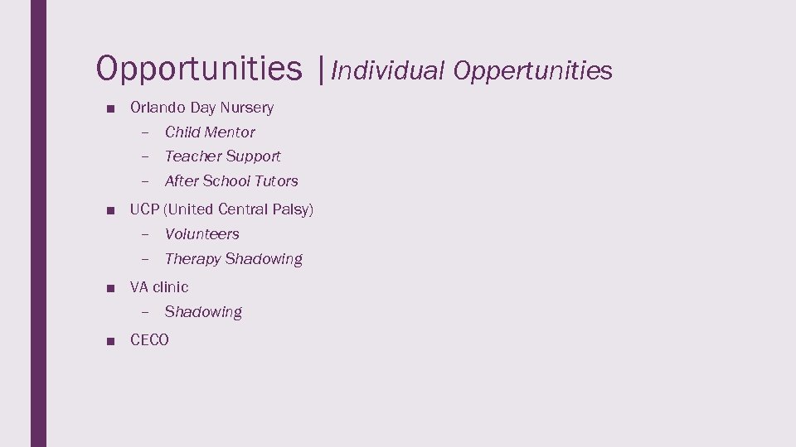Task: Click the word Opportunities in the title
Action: pyautogui.click(x=199, y=70)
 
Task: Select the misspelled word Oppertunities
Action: pyautogui.click(x=533, y=72)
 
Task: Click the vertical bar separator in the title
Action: pyautogui.click(x=321, y=70)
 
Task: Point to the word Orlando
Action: pyautogui.click(x=158, y=108)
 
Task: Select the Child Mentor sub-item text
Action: pyautogui.click(x=210, y=132)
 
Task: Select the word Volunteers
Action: pyautogui.click(x=201, y=234)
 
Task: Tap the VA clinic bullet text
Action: pyautogui.click(x=159, y=287)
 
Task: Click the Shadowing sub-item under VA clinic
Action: pyautogui.click(x=203, y=312)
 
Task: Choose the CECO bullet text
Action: pyautogui.click(x=149, y=340)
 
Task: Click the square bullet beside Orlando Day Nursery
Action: pyautogui.click(x=110, y=108)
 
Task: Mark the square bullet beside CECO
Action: pyautogui.click(x=110, y=341)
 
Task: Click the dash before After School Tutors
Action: pyautogui.click(x=144, y=181)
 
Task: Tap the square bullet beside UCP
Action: pyautogui.click(x=110, y=210)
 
